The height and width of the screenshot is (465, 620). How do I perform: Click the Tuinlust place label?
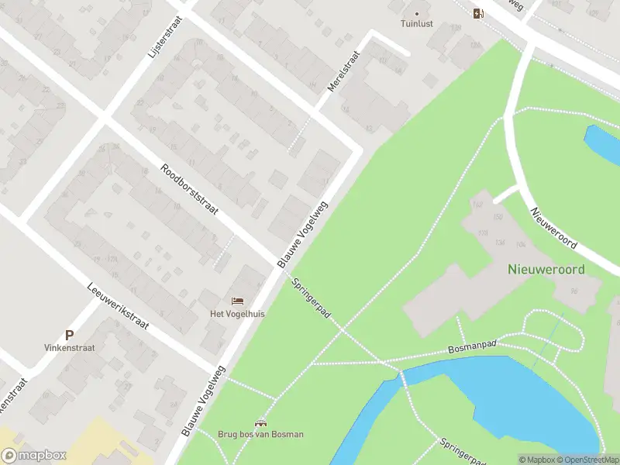417,23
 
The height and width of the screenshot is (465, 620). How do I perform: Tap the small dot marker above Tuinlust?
417,12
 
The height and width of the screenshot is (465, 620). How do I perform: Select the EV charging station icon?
479,12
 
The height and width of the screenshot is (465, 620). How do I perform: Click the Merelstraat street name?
343,72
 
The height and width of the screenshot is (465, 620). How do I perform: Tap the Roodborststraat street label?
190,190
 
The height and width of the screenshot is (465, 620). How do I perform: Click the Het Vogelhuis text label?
237,314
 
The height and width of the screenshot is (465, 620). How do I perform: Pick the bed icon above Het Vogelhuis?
237,301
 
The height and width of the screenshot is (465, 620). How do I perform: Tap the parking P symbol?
69,336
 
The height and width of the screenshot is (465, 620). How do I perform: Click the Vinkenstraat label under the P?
69,348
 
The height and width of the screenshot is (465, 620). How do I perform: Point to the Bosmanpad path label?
472,349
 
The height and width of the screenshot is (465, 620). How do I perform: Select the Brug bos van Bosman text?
260,434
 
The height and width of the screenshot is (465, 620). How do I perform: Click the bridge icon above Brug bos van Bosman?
260,422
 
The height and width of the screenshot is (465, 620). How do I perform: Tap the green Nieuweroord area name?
546,270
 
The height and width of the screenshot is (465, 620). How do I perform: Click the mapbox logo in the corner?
34,456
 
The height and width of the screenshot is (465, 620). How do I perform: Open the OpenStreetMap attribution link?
587,460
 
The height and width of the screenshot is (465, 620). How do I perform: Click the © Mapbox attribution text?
537,460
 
